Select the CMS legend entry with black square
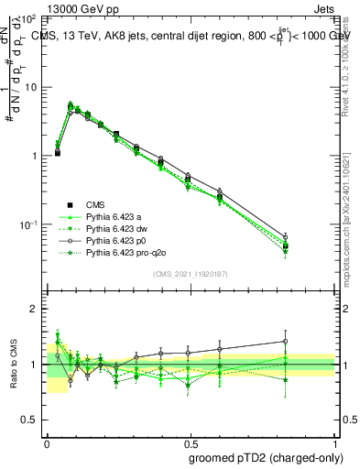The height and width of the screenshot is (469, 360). [x=96, y=205]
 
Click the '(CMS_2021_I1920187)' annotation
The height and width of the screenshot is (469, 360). [x=191, y=272]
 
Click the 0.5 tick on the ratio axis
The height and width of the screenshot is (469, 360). [x=30, y=420]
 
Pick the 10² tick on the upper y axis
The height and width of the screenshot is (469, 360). [x=29, y=18]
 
